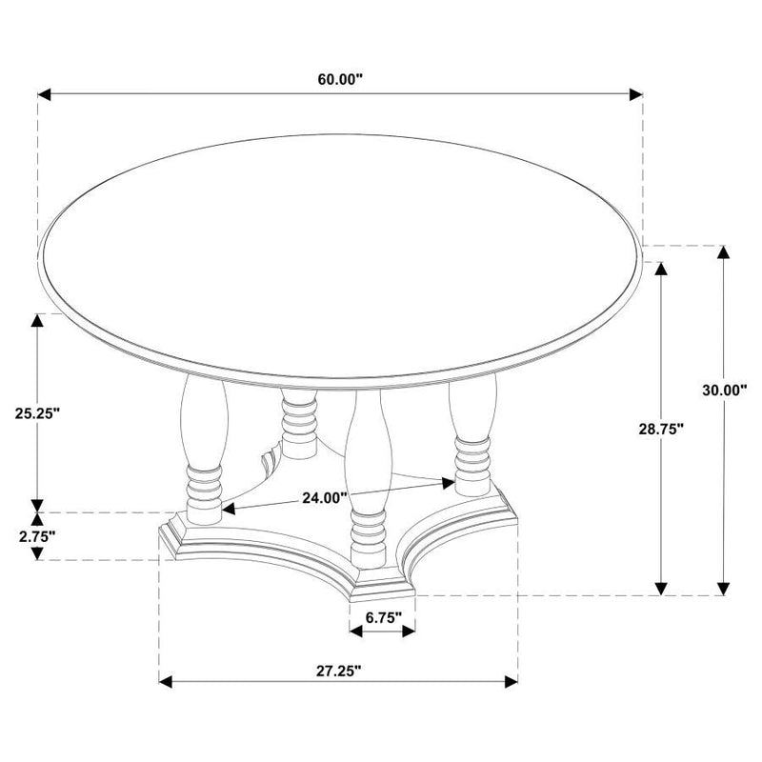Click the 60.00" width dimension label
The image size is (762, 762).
[x=342, y=80]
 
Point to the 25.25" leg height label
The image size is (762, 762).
[x=38, y=413]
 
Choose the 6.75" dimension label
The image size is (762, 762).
[x=382, y=617]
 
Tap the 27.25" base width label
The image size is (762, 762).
[x=338, y=671]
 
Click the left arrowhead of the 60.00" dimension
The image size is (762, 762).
[x=44, y=94]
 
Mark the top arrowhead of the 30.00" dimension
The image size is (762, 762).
[x=725, y=253]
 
